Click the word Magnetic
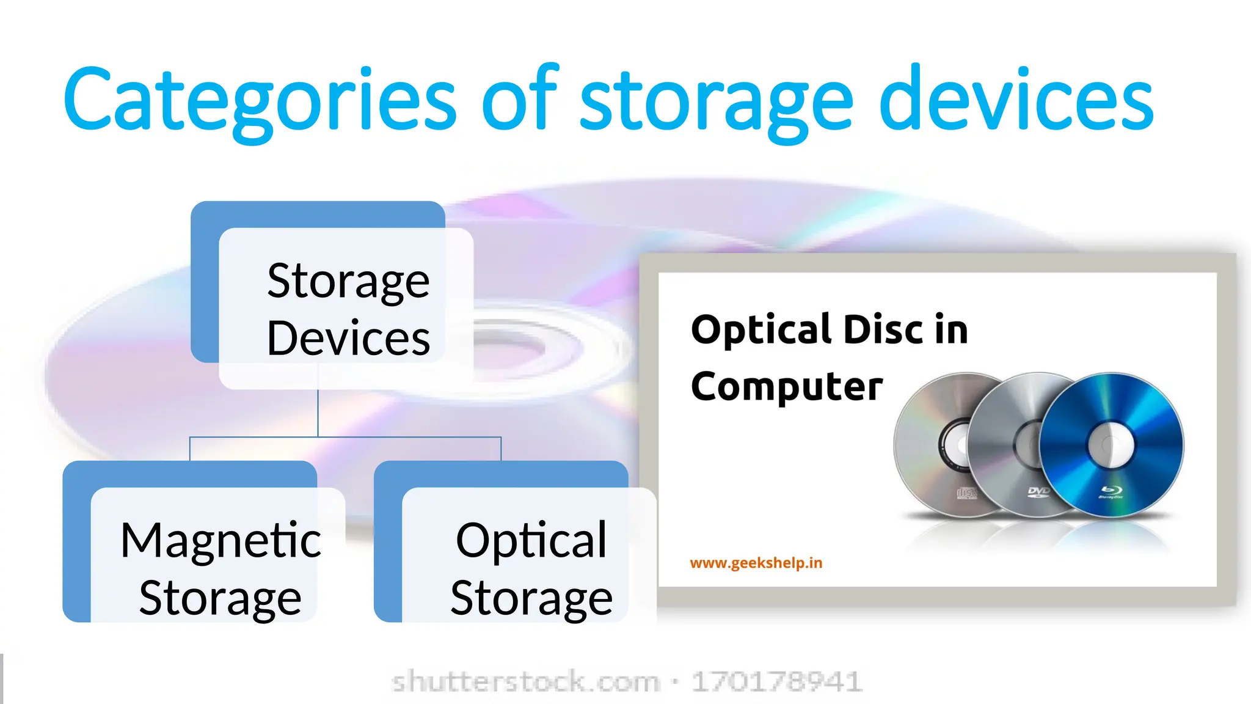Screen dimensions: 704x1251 (221, 540)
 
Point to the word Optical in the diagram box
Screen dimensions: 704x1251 (531, 540)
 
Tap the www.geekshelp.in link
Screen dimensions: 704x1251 (756, 563)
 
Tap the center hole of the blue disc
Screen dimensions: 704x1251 (1111, 444)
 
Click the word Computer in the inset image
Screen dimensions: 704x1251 (787, 387)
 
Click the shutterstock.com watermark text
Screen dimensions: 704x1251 (525, 681)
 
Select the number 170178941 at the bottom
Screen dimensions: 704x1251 (776, 681)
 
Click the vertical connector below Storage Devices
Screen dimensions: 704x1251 (318, 413)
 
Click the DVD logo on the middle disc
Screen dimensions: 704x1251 (1038, 491)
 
